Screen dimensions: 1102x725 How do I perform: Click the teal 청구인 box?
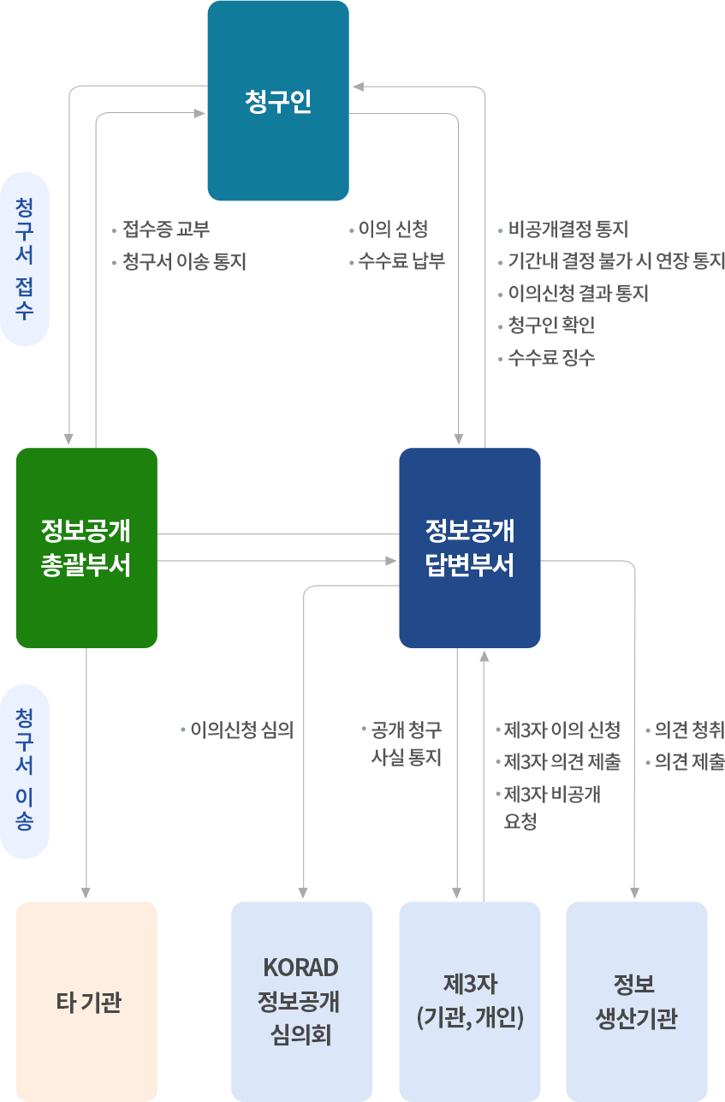click(x=277, y=101)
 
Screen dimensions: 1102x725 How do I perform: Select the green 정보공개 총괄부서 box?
click(x=86, y=547)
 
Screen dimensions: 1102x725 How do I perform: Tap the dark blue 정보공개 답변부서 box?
click(x=469, y=547)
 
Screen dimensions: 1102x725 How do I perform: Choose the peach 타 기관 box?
click(x=87, y=1001)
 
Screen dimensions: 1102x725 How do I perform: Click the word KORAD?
click(x=301, y=967)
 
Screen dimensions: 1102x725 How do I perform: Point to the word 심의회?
click(x=301, y=1036)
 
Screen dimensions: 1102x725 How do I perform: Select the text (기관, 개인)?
click(x=469, y=1019)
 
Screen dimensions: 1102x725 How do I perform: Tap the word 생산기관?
click(x=636, y=1019)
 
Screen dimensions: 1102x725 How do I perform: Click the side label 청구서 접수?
click(x=25, y=259)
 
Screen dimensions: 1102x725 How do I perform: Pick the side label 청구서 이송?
click(x=25, y=771)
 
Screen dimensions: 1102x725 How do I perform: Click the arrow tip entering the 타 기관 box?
click(x=86, y=893)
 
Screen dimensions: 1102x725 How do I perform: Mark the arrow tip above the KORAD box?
click(x=303, y=893)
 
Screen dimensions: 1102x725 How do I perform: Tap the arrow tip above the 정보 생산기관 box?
click(x=635, y=893)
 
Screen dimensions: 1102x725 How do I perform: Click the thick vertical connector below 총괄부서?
click(x=92, y=771)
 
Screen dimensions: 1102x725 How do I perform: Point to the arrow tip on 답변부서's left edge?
click(x=391, y=561)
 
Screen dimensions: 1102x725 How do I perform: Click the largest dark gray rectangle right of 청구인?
click(x=611, y=293)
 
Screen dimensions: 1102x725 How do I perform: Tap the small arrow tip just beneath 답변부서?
click(x=484, y=656)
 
